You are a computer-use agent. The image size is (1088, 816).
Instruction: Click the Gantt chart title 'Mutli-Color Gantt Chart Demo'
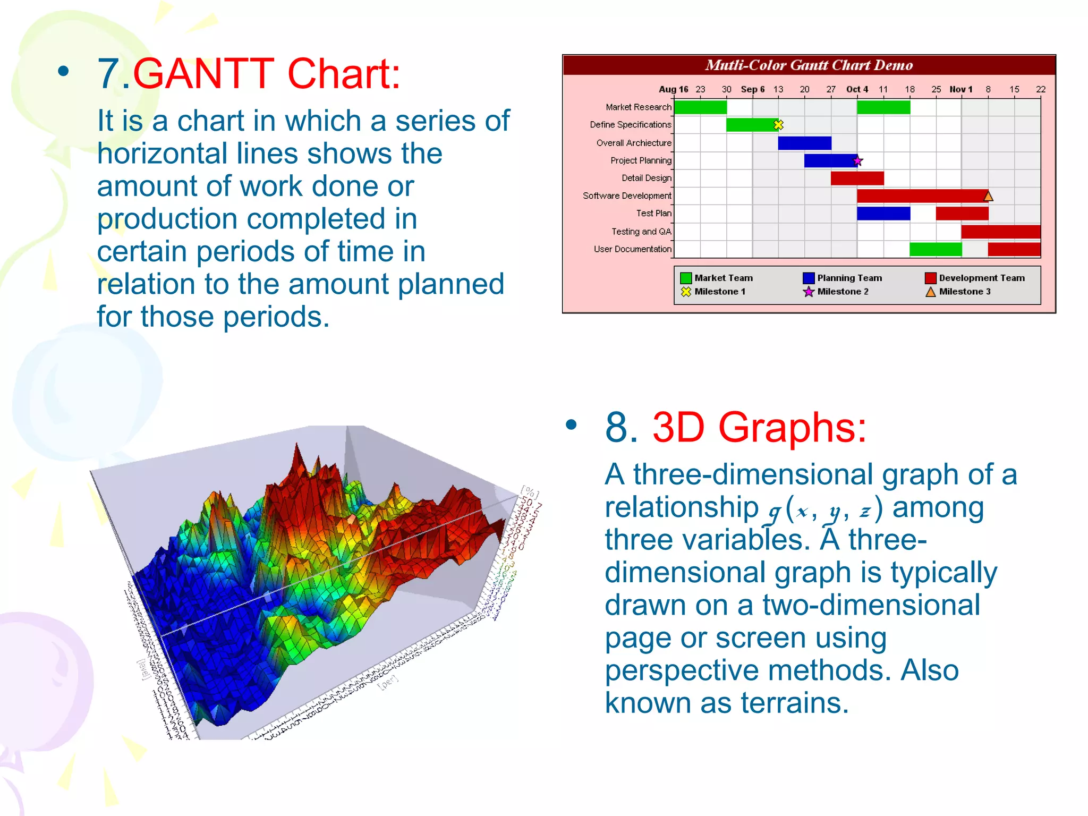point(809,65)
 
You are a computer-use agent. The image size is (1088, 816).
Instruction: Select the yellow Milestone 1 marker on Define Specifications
point(778,125)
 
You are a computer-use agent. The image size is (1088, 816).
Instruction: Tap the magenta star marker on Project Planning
point(857,160)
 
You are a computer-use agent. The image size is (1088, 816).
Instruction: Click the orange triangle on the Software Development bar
point(988,196)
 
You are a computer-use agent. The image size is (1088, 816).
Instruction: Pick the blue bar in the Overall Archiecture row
point(804,143)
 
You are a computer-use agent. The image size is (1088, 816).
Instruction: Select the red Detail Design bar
point(857,178)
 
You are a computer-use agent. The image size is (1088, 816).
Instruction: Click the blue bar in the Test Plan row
point(883,214)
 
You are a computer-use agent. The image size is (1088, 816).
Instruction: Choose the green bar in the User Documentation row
point(935,249)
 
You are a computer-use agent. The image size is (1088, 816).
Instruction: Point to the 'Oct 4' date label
point(857,89)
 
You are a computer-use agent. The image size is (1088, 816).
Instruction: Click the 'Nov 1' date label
point(960,89)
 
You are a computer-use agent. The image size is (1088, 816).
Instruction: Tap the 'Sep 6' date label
point(752,89)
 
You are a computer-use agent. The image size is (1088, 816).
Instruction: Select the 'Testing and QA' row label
point(641,232)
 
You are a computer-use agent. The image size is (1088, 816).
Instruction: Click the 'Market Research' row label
point(638,107)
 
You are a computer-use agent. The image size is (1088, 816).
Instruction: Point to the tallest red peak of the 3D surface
point(296,452)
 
